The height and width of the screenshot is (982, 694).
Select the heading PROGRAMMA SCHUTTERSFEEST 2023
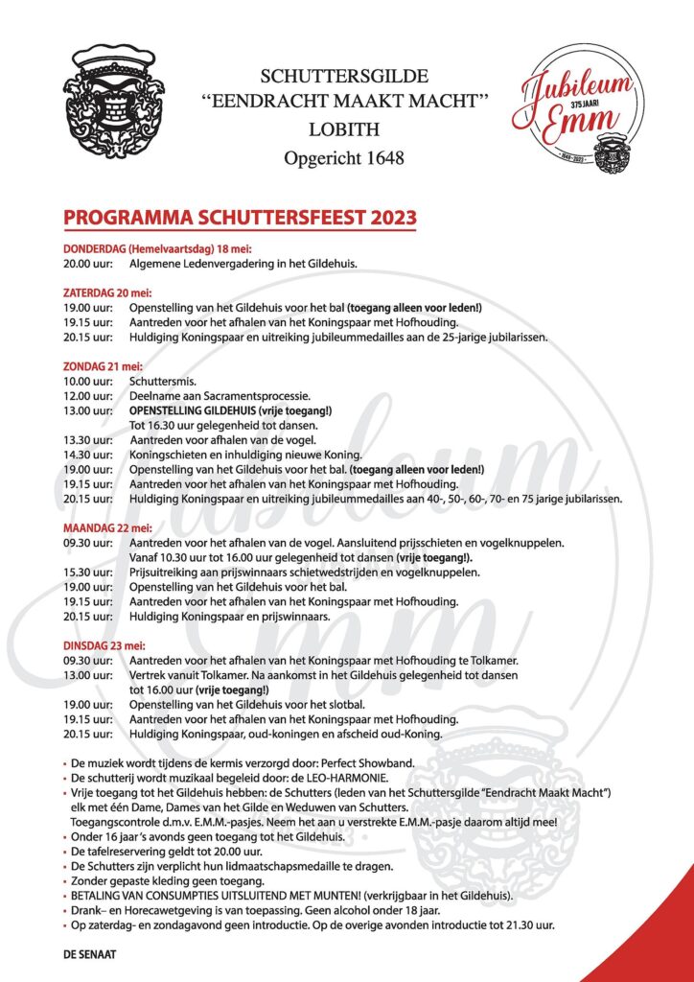click(x=240, y=217)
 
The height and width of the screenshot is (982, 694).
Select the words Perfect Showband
click(x=370, y=762)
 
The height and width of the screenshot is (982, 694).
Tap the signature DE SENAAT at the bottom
click(x=90, y=955)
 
